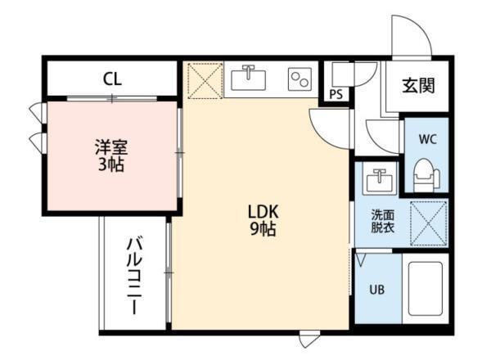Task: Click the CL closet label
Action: (113, 79)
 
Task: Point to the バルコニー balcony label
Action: (134, 276)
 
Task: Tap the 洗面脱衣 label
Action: (382, 222)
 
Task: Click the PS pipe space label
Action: (336, 95)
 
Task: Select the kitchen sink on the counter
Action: (248, 79)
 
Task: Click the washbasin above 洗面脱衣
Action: (378, 178)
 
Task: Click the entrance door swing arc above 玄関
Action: (409, 37)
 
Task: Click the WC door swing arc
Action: (382, 135)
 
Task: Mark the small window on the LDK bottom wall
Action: (308, 337)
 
